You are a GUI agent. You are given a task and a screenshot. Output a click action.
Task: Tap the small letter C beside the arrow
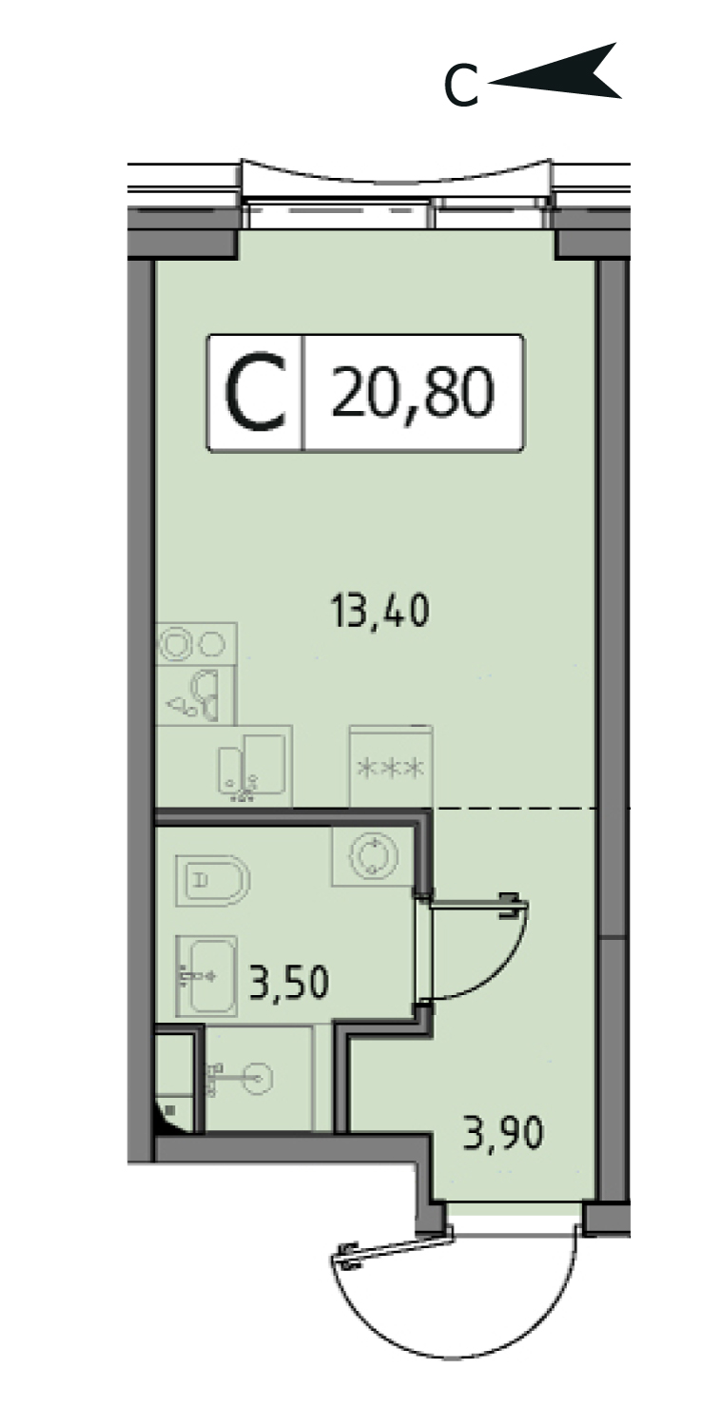click(x=460, y=87)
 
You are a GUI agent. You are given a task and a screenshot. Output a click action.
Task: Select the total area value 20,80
click(x=413, y=392)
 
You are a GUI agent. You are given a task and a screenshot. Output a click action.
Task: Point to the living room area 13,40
click(x=380, y=610)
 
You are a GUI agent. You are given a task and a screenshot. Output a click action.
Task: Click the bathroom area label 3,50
click(x=289, y=982)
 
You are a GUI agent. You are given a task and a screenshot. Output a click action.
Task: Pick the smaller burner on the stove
click(x=212, y=644)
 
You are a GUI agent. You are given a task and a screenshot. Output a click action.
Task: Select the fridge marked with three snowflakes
click(x=391, y=767)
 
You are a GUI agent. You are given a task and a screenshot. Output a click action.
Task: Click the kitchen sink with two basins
click(x=252, y=765)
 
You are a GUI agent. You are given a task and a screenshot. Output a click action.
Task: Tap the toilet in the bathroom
click(x=212, y=882)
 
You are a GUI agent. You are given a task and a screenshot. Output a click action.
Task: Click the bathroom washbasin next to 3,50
click(x=205, y=976)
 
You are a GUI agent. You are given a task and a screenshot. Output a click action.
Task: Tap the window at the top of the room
click(x=397, y=194)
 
